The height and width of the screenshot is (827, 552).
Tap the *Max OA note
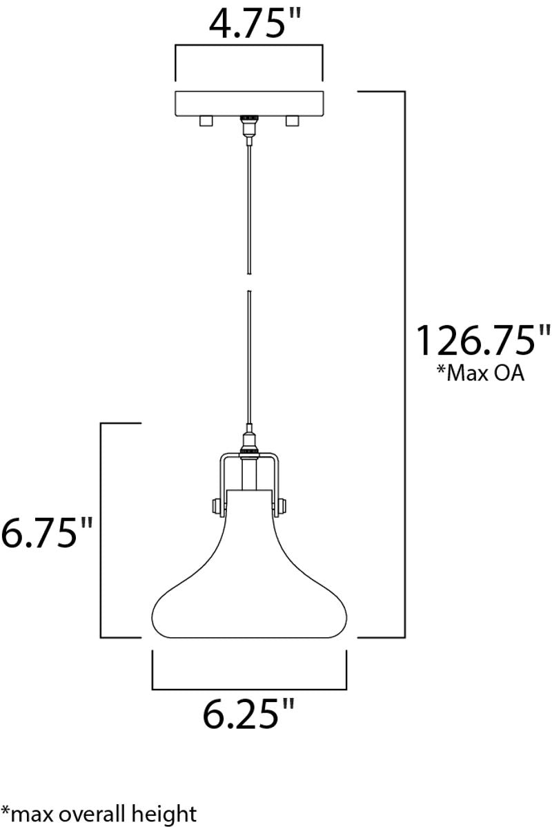[x=480, y=373]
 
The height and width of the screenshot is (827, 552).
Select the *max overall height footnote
[x=99, y=813]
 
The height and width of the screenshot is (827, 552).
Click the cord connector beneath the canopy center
[x=248, y=125]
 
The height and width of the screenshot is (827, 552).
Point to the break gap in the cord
[x=248, y=280]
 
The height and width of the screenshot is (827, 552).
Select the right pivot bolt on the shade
[x=279, y=507]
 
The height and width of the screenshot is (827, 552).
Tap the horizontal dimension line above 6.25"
[x=248, y=688]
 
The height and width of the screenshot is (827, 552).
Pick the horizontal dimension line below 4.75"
[x=248, y=46]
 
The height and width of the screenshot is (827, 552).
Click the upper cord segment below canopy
[x=248, y=200]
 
